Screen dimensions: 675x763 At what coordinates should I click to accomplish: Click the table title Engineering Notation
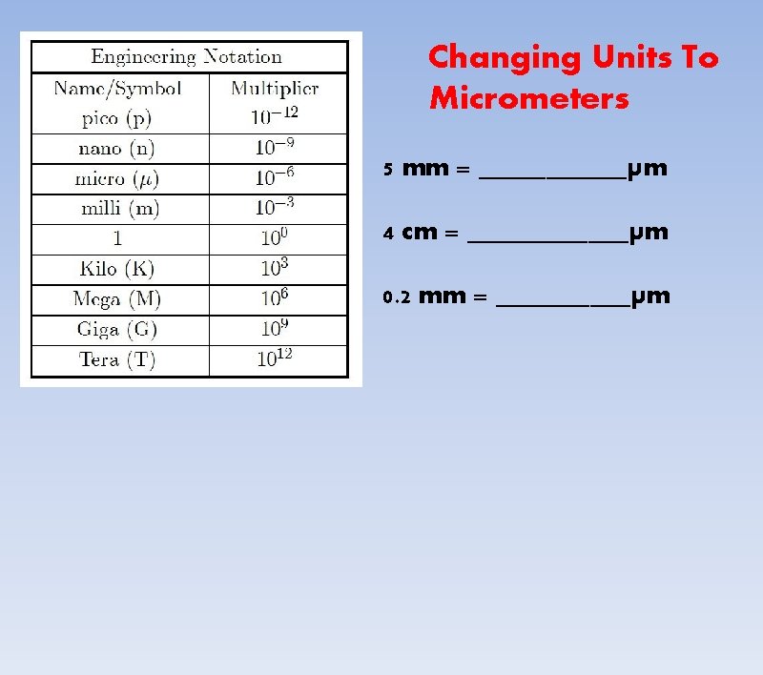(x=186, y=57)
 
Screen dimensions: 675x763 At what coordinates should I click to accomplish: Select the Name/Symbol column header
(x=117, y=89)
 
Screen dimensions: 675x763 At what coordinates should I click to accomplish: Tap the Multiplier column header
(x=275, y=89)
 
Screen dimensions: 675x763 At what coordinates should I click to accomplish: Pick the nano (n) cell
(x=117, y=149)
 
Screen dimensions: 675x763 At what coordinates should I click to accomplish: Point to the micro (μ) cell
(x=117, y=178)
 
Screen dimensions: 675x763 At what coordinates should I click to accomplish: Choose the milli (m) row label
(x=117, y=209)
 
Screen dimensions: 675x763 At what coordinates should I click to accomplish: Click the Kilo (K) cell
(x=117, y=270)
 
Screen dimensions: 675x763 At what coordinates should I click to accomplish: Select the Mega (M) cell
(x=117, y=299)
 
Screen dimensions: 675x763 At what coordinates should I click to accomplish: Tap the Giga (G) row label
(x=117, y=330)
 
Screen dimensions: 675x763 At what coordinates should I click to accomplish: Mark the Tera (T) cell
(x=117, y=360)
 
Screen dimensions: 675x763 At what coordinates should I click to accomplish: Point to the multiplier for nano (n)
(x=274, y=148)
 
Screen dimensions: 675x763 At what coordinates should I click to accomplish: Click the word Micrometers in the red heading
(x=529, y=98)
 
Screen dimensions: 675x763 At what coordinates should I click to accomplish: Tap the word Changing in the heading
(x=505, y=58)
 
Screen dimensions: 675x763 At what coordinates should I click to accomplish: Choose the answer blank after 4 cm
(x=548, y=236)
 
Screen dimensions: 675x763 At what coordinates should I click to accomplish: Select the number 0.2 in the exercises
(x=396, y=297)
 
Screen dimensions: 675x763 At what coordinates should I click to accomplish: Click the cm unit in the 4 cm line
(x=420, y=233)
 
